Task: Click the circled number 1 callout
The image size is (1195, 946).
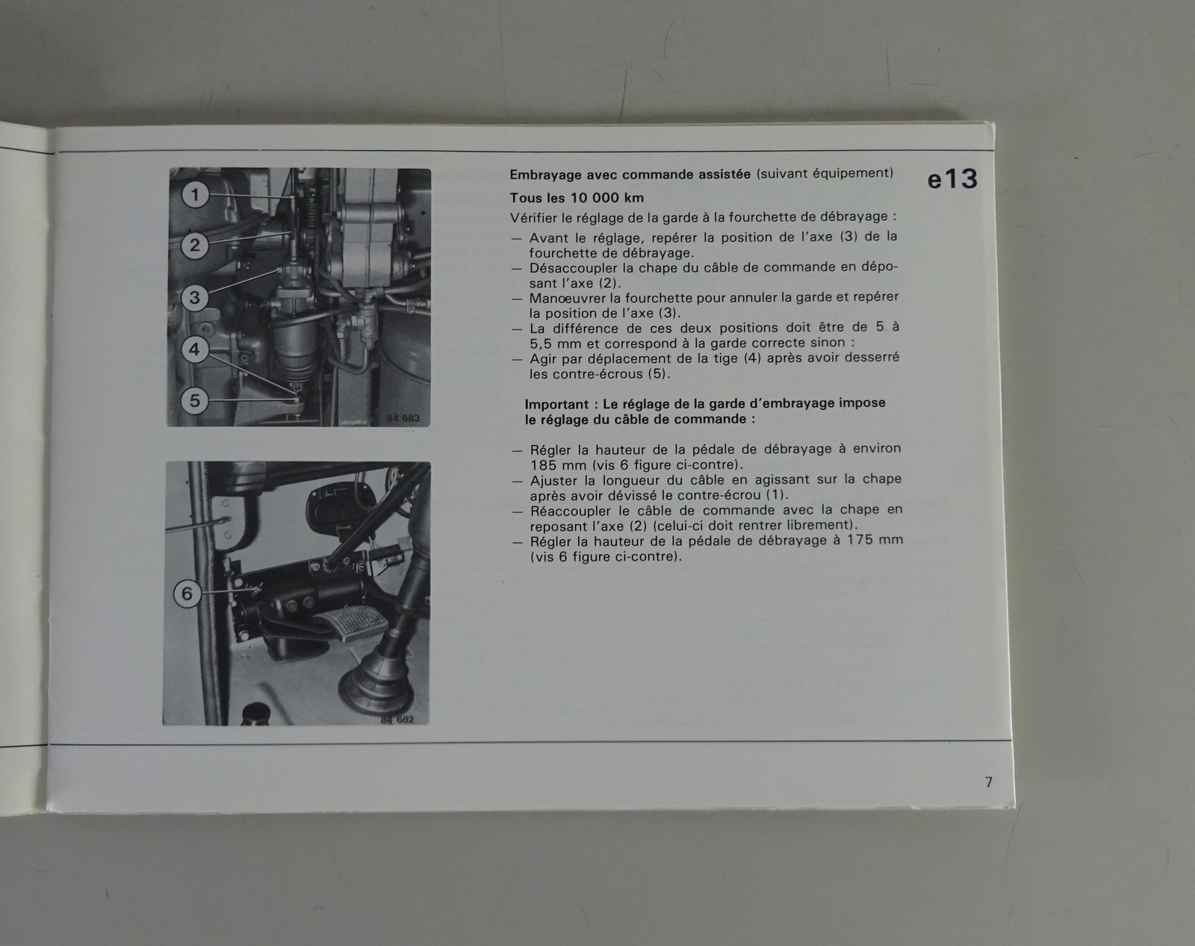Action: click(x=195, y=195)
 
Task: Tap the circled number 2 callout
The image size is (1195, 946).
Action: click(x=195, y=245)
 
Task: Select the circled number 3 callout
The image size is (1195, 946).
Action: click(x=195, y=298)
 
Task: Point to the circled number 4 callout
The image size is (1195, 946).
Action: click(x=194, y=349)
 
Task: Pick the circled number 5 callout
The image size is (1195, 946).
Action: click(x=194, y=400)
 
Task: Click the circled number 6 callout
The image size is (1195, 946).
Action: click(x=187, y=594)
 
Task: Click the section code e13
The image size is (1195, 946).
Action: click(x=952, y=178)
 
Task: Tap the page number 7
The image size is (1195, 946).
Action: click(x=988, y=782)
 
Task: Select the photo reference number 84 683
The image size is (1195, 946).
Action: click(x=403, y=418)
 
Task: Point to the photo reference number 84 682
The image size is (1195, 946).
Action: click(x=397, y=720)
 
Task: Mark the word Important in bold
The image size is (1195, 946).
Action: click(x=556, y=404)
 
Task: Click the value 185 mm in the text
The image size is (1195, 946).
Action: click(x=558, y=464)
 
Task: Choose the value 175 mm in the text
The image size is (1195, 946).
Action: click(x=875, y=540)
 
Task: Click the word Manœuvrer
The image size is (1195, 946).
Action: click(x=565, y=298)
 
